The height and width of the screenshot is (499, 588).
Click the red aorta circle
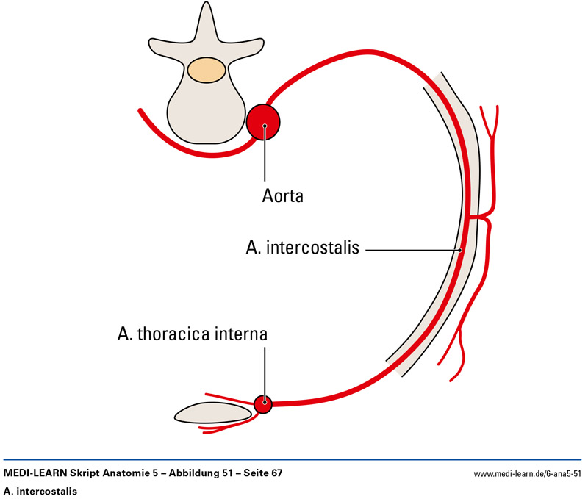point(263,121)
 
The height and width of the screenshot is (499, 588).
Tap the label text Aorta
point(283,196)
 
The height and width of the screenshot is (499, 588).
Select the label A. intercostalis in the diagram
point(302,248)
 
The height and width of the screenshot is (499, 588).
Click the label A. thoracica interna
point(192,335)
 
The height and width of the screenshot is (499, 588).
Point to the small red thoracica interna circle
point(263,403)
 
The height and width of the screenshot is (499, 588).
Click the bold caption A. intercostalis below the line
point(40,489)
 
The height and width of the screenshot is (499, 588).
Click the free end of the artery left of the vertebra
point(140,110)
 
